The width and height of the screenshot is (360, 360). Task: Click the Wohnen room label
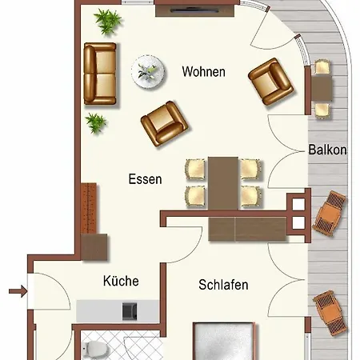[x=204, y=72]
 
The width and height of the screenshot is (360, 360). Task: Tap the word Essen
[x=145, y=179]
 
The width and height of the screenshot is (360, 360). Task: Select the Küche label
[x=121, y=281]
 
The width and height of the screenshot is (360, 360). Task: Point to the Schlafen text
[x=223, y=285]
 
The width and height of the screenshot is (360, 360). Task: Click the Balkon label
[x=327, y=150]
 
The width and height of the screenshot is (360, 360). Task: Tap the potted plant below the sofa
[x=97, y=122]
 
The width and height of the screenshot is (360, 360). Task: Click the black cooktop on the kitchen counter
[x=130, y=309]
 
